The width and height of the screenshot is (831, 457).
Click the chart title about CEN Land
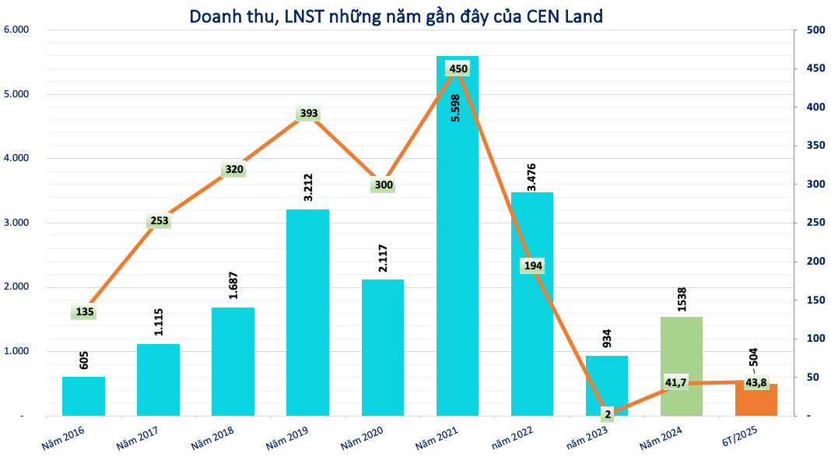click(396, 16)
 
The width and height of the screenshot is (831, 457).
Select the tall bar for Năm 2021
click(458, 249)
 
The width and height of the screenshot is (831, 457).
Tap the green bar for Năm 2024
click(682, 366)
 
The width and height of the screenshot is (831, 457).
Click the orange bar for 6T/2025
click(756, 400)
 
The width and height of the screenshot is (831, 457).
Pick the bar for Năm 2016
click(84, 396)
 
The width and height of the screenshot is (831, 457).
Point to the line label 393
click(309, 114)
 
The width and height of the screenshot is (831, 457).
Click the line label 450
click(458, 69)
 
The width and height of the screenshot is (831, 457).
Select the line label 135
click(85, 312)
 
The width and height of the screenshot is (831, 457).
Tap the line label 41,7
click(675, 382)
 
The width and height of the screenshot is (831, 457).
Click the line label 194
click(533, 265)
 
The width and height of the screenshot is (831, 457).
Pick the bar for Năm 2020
click(383, 347)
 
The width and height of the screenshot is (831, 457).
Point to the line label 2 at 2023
click(607, 414)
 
